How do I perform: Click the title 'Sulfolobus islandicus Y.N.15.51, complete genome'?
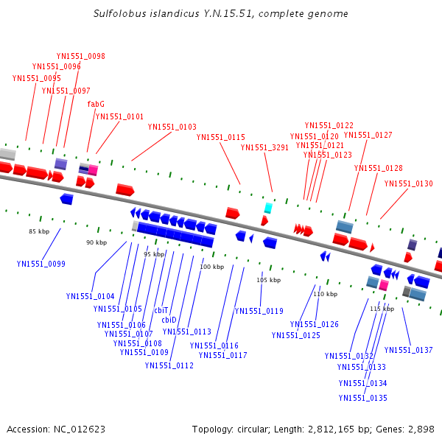[221, 14]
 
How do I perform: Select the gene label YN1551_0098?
[81, 56]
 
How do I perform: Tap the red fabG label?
[96, 104]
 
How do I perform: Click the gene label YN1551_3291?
[264, 147]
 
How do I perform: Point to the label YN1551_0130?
[409, 183]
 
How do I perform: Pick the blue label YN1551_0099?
[41, 264]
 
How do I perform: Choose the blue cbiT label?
[161, 310]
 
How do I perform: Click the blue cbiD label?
[169, 320]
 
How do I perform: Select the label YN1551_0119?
[259, 311]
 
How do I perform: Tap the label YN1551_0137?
[408, 350]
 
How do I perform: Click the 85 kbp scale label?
[39, 232]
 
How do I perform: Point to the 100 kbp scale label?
[211, 267]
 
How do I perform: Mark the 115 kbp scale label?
[382, 309]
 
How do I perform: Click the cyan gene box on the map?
[268, 208]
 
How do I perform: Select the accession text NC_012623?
[56, 429]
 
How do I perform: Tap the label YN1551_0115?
[221, 137]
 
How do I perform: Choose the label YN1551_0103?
[172, 127]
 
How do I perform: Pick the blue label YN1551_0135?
[363, 398]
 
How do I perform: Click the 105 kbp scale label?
[269, 280]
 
